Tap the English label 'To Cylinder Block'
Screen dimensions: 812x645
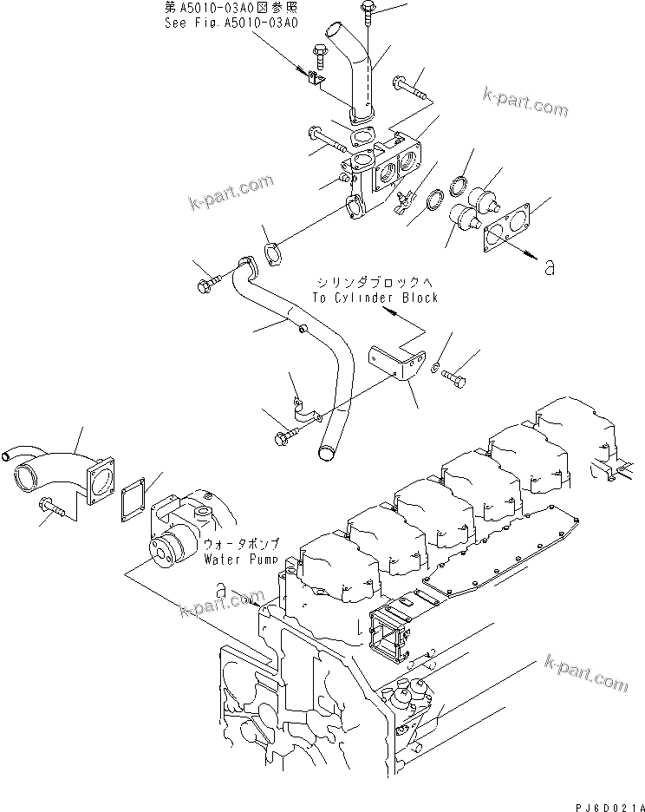[375, 298]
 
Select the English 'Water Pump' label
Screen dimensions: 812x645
[242, 560]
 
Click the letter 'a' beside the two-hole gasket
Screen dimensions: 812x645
[548, 268]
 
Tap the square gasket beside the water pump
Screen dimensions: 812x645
[135, 498]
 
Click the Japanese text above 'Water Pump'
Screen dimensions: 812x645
[241, 544]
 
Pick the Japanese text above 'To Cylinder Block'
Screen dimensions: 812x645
[375, 283]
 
